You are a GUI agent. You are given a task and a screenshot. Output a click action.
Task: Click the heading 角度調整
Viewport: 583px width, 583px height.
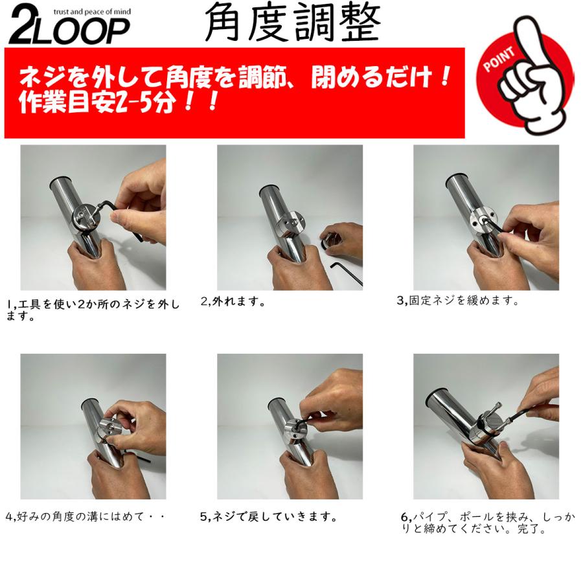291,25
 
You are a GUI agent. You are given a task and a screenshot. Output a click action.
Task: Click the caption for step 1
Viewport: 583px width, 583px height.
93,310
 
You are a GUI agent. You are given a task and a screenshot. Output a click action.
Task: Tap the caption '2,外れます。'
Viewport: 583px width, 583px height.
233,302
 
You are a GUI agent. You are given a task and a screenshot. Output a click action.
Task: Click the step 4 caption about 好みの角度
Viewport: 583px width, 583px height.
85,516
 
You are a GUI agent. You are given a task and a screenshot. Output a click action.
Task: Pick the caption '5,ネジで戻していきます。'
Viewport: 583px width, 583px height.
268,516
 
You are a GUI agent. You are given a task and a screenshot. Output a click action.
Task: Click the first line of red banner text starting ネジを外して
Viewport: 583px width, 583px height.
233,79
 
